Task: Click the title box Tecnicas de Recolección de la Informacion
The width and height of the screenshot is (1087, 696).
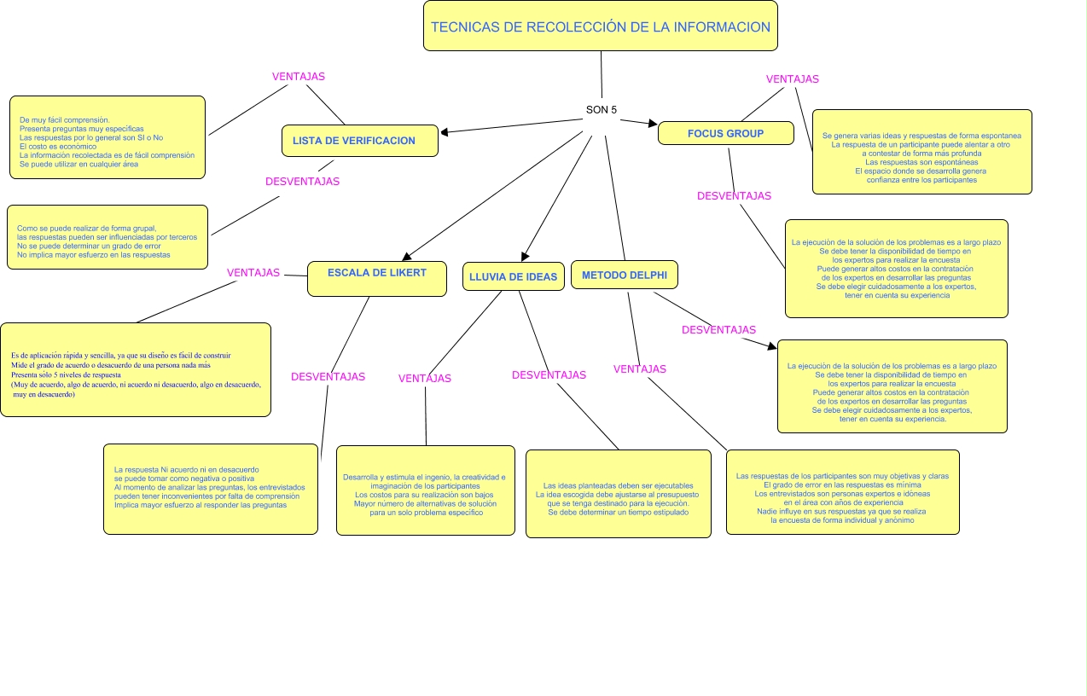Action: click(600, 26)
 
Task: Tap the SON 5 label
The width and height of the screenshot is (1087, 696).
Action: click(601, 110)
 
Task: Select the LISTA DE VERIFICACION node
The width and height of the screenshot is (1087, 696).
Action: click(359, 141)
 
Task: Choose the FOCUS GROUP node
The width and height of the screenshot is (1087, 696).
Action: click(725, 133)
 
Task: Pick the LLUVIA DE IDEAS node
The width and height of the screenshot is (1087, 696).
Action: click(513, 276)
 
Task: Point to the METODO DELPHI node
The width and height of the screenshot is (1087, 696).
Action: click(624, 275)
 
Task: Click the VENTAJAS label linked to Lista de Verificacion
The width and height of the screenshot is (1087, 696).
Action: click(298, 77)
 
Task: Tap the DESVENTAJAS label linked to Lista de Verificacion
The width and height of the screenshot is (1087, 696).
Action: click(302, 182)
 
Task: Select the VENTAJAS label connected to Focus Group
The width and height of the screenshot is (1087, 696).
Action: click(792, 79)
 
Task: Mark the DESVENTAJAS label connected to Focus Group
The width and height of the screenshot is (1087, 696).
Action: click(734, 196)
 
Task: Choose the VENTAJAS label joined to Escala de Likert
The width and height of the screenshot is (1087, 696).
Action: click(253, 273)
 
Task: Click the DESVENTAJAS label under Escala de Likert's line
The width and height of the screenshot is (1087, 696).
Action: click(328, 377)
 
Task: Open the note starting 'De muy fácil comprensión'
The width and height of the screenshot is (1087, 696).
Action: click(108, 137)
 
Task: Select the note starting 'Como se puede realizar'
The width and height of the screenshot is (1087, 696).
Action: click(108, 237)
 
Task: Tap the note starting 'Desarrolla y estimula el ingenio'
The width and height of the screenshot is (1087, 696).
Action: click(425, 490)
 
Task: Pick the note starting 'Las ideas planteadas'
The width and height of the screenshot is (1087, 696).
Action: click(618, 494)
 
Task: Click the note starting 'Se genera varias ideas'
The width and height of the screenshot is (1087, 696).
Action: click(921, 152)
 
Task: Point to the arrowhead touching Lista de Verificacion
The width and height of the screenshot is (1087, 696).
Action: click(445, 131)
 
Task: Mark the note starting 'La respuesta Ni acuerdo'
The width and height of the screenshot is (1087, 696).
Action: click(210, 489)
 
